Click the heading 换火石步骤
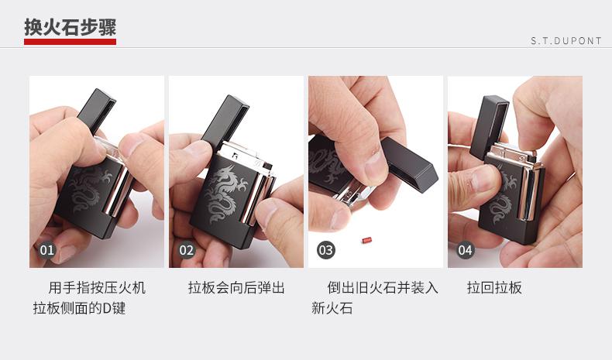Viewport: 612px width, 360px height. [70, 27]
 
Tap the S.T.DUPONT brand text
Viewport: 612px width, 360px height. [566, 41]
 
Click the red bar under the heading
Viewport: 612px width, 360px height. [70, 41]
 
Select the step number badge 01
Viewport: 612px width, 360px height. [46, 250]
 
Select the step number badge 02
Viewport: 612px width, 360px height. [186, 250]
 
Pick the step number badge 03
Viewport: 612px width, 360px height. [326, 250]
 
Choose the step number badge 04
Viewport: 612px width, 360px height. [466, 250]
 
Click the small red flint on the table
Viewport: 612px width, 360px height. [366, 240]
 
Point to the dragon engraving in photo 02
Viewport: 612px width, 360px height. [225, 193]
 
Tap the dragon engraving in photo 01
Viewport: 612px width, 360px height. [89, 188]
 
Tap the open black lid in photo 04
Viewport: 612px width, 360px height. [489, 127]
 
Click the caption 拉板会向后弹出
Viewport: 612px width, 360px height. [236, 288]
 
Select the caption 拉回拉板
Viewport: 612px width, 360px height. [494, 288]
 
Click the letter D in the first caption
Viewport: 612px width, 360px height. [107, 308]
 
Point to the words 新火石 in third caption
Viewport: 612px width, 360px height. [332, 308]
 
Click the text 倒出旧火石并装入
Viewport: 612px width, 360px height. [383, 288]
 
